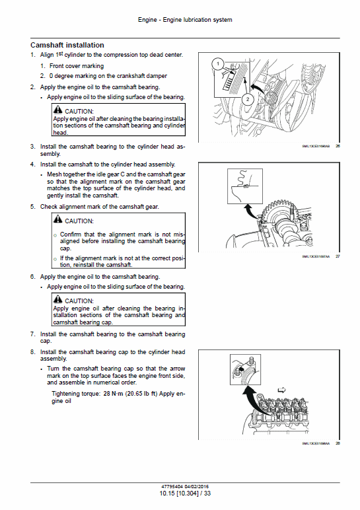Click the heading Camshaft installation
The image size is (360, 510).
click(x=67, y=44)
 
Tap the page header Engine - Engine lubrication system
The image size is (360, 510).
click(x=185, y=20)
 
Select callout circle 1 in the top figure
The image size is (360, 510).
click(x=216, y=63)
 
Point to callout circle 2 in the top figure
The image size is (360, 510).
click(x=246, y=99)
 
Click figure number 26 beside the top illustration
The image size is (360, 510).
click(x=338, y=146)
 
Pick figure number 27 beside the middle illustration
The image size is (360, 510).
click(x=338, y=256)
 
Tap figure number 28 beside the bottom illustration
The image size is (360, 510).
click(x=338, y=443)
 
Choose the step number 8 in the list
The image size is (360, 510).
click(x=32, y=352)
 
